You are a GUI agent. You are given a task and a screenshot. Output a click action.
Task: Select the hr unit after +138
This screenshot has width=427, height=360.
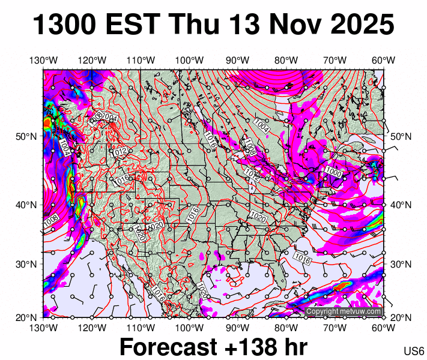click(294, 347)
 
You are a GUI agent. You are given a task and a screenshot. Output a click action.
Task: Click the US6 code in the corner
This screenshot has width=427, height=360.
click(414, 351)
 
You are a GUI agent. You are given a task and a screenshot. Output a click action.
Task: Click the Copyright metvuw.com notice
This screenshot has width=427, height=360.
click(344, 311)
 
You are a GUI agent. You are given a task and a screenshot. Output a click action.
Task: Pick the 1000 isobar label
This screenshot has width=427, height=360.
click(333, 172)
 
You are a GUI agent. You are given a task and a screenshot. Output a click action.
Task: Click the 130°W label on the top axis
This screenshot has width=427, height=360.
click(44, 60)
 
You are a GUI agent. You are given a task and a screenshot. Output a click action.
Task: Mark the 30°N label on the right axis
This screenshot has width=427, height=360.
click(401, 264)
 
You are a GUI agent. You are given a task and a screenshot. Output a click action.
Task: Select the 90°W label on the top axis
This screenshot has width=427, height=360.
click(238, 60)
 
